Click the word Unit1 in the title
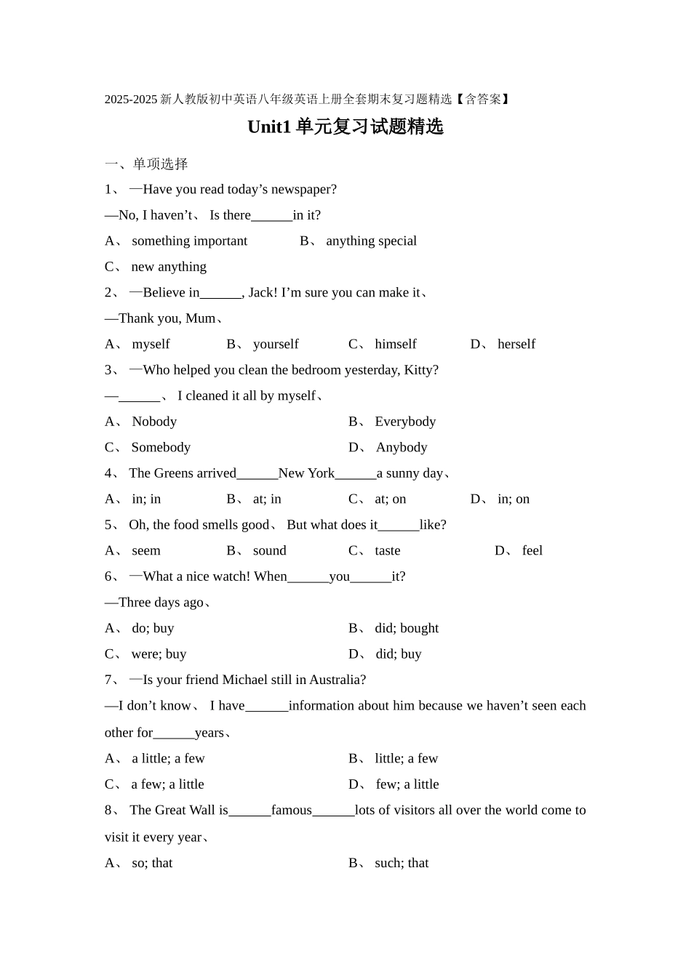click(x=268, y=127)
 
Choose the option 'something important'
click(x=189, y=241)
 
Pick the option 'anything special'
click(x=371, y=241)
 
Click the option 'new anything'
click(x=169, y=267)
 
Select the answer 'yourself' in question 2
click(x=276, y=345)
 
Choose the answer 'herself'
click(x=516, y=345)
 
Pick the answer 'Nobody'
click(x=154, y=422)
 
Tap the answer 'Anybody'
click(x=402, y=448)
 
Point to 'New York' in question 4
click(x=306, y=473)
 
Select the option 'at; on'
click(x=391, y=499)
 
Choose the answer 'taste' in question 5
click(x=388, y=551)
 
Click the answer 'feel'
click(x=532, y=551)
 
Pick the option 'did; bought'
click(x=407, y=628)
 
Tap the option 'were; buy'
click(x=159, y=654)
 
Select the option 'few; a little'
click(x=407, y=784)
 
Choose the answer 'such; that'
click(x=402, y=864)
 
